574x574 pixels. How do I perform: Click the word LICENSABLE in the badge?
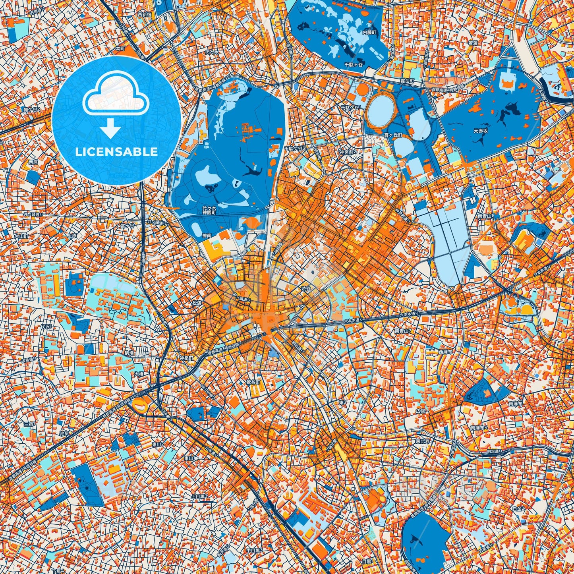click(x=116, y=152)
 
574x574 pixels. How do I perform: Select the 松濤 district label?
click(x=197, y=302)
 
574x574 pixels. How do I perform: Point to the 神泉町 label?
click(x=186, y=358)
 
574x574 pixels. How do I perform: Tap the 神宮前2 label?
click(x=348, y=152)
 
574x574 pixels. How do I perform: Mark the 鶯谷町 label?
click(x=253, y=382)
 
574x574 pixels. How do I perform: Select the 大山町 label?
click(x=21, y=236)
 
